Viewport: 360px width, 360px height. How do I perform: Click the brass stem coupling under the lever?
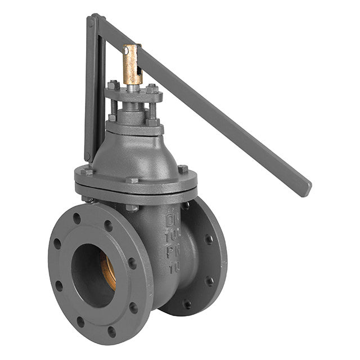coord(133,65)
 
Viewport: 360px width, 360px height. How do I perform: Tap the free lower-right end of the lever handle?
coord(304,188)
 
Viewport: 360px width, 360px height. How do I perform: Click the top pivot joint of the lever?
coord(93,21)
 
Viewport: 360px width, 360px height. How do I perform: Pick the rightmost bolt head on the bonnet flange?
coord(182,169)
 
